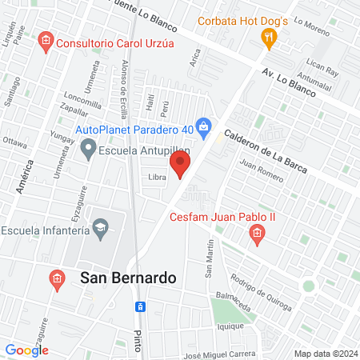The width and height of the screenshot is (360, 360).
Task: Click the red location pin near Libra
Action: click(x=181, y=165)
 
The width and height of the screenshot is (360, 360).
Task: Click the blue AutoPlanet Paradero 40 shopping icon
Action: click(x=205, y=126)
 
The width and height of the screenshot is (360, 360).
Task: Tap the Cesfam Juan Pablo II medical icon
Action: click(x=257, y=234)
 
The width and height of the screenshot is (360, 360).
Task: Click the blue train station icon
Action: click(x=139, y=306)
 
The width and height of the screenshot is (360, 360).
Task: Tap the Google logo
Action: click(x=26, y=350)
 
